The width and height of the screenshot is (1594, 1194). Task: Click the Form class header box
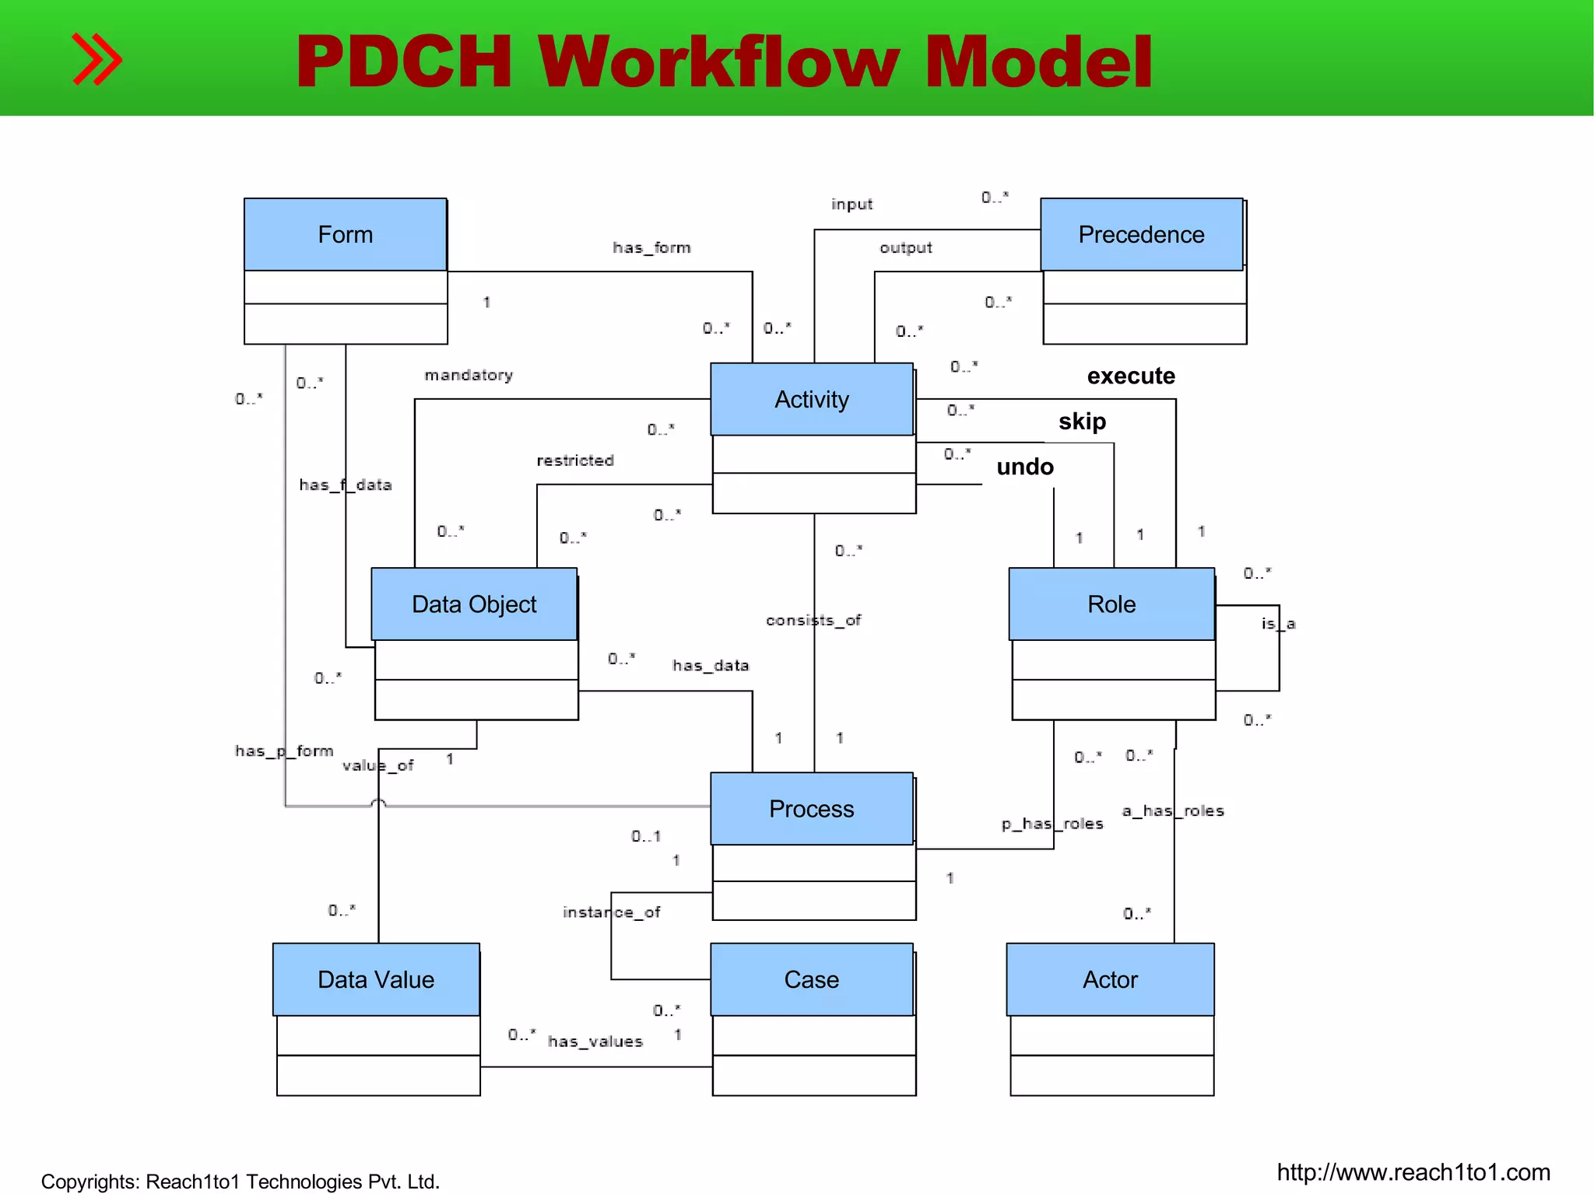click(x=345, y=234)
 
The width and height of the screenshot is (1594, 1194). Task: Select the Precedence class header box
click(x=1141, y=234)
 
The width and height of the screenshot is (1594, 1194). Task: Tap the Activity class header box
click(x=811, y=399)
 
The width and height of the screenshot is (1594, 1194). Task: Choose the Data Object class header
click(x=474, y=604)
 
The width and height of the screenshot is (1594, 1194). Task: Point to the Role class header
click(x=1111, y=604)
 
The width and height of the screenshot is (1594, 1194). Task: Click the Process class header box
click(x=811, y=809)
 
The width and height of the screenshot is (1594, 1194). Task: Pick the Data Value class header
click(x=376, y=979)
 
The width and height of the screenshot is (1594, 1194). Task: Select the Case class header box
click(x=811, y=979)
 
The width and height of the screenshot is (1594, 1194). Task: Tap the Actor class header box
click(x=1110, y=979)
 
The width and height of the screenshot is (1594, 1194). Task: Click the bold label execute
click(x=1131, y=376)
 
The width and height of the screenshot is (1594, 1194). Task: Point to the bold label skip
click(x=1082, y=422)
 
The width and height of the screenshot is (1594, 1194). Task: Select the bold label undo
click(x=1025, y=467)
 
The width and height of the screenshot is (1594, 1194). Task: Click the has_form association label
click(x=651, y=248)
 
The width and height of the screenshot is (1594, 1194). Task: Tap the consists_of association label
click(x=813, y=620)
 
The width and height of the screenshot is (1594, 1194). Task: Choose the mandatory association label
click(x=469, y=375)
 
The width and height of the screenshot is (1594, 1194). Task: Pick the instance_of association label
click(x=611, y=912)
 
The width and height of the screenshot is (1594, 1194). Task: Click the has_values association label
click(x=595, y=1042)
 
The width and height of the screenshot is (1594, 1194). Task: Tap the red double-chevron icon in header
click(x=97, y=59)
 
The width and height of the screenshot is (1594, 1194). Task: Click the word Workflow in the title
click(x=718, y=62)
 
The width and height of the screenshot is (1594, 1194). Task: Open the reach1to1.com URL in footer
click(x=1413, y=1172)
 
